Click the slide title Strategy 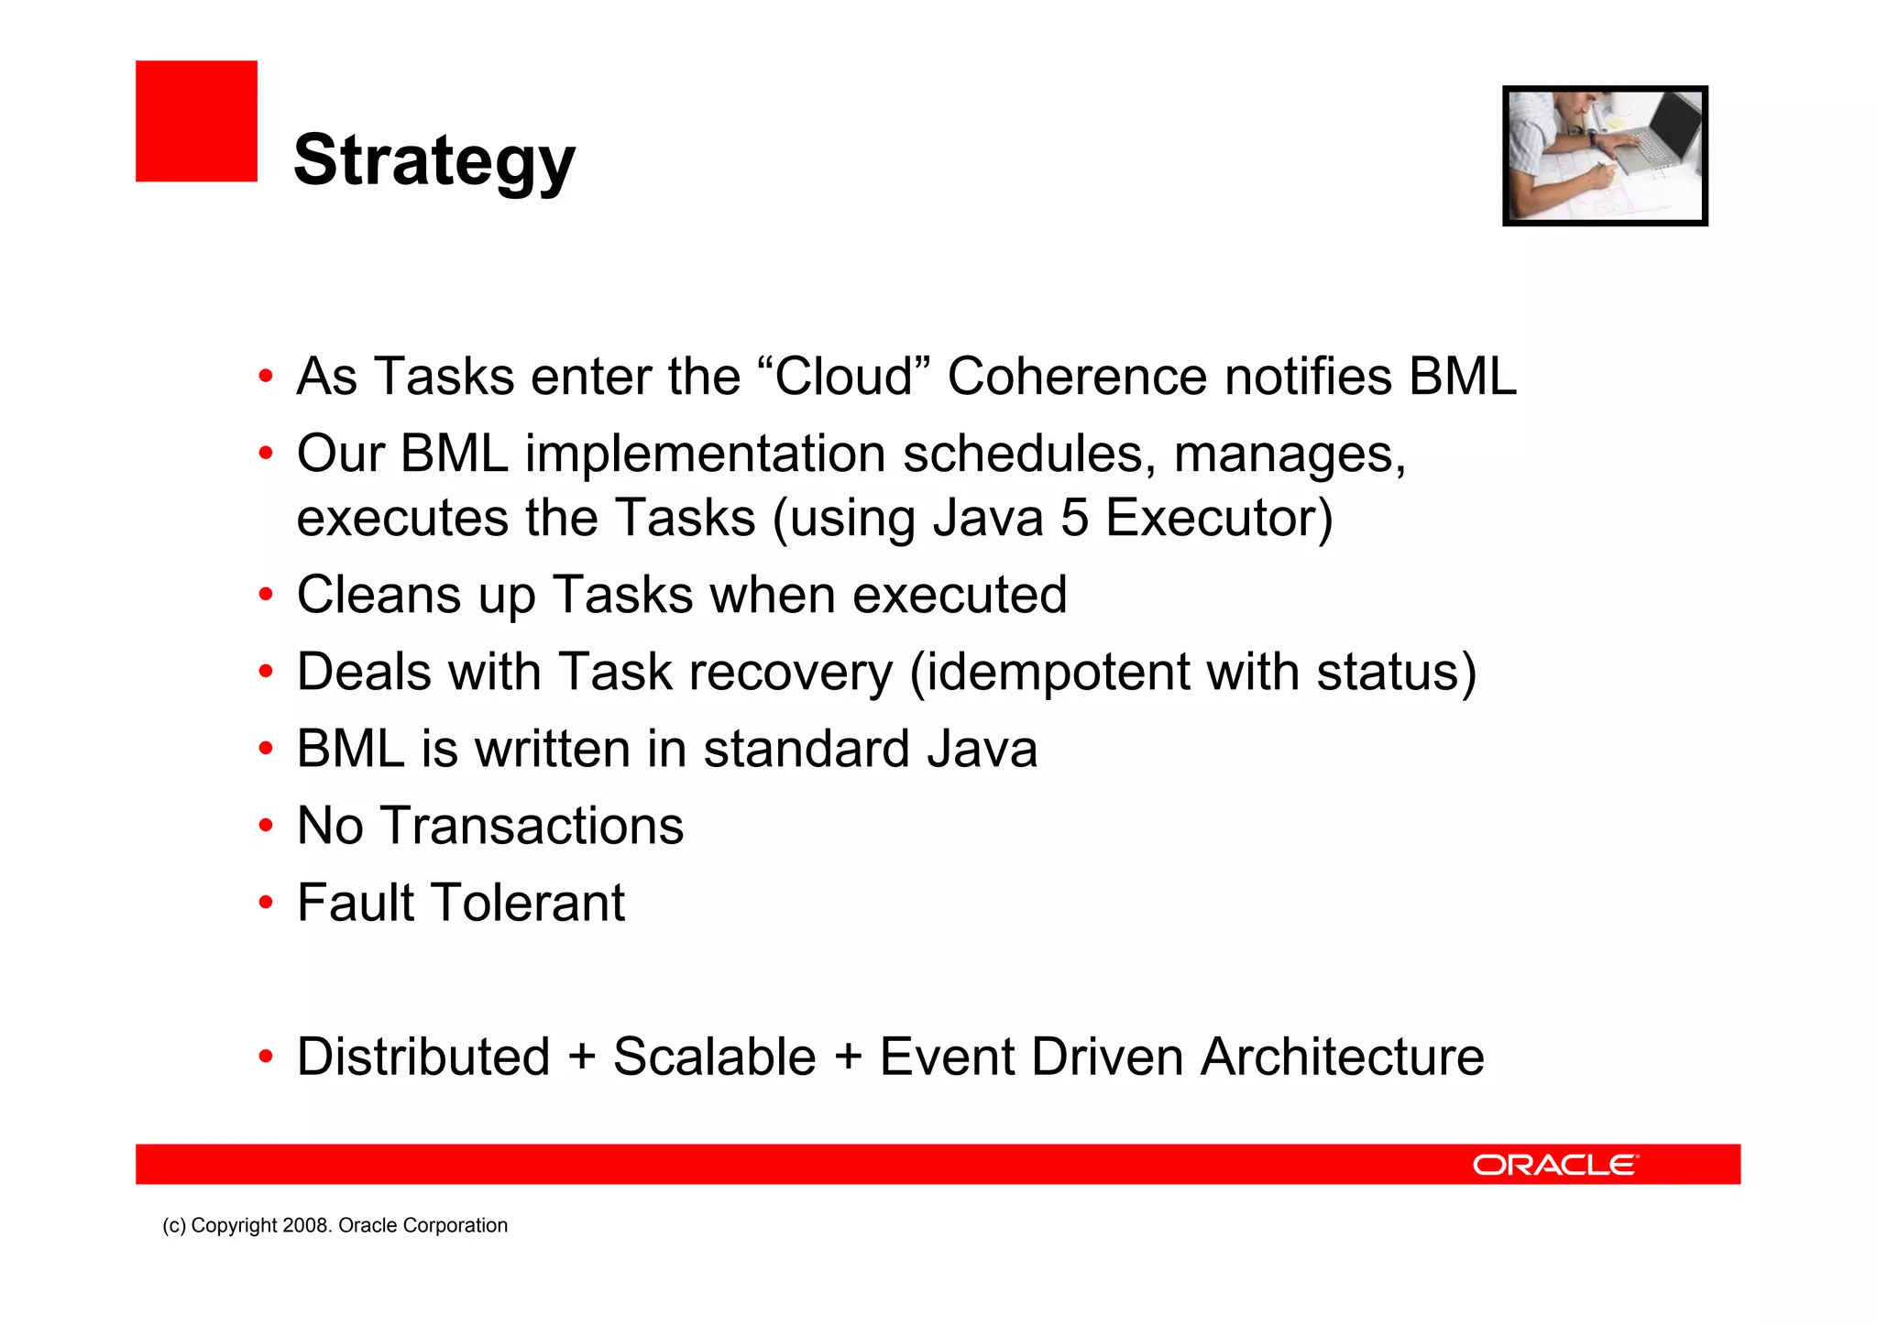coord(434,160)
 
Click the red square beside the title coord(196,121)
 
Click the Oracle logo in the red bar coord(1554,1165)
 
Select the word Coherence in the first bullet coord(1077,377)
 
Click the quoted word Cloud coord(844,377)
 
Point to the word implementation coord(705,454)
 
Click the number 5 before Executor coord(1074,518)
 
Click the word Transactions coord(532,826)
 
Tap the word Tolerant coord(527,903)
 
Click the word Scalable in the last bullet coord(714,1057)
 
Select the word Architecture coord(1342,1057)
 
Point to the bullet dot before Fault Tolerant coord(266,904)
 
